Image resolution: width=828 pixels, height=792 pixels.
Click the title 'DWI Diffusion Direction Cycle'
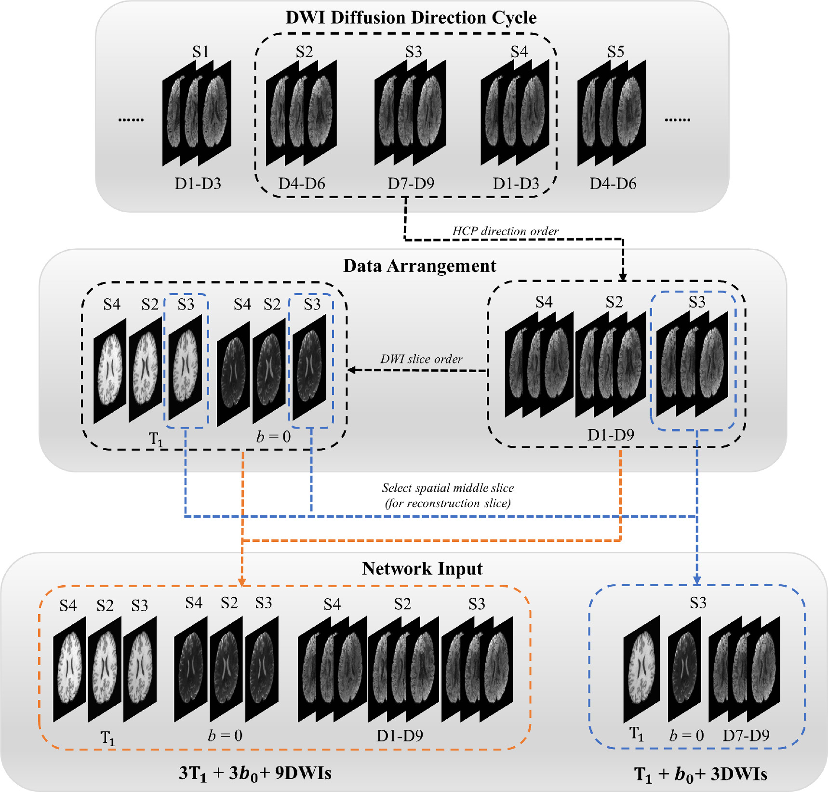(x=411, y=18)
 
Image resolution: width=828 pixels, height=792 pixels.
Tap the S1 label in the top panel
(x=200, y=52)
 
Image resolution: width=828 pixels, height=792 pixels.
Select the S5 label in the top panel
(x=615, y=52)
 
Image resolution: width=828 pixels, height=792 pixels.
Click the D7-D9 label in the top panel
(x=411, y=184)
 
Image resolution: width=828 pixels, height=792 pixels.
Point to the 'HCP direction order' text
(x=505, y=231)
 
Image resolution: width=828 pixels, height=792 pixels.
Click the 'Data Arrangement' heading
(x=419, y=266)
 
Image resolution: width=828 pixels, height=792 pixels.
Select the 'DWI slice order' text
(x=421, y=359)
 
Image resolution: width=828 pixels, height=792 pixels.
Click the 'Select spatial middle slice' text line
(x=448, y=488)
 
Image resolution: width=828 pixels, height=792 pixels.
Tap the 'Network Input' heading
(x=422, y=569)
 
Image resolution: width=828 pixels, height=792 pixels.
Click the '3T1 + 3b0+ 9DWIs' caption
(x=255, y=773)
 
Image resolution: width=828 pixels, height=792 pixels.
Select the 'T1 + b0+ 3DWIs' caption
(x=700, y=774)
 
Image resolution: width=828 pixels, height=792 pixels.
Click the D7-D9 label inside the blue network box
(x=746, y=736)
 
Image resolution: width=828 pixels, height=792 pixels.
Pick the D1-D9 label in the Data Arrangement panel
(x=611, y=435)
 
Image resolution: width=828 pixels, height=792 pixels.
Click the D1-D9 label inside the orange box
(x=400, y=736)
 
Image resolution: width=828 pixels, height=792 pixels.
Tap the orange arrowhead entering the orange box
(x=242, y=582)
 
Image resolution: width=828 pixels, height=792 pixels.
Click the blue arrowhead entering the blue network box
(x=697, y=580)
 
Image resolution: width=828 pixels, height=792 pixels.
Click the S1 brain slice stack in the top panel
(x=197, y=113)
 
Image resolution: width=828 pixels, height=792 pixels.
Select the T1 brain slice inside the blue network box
(x=641, y=669)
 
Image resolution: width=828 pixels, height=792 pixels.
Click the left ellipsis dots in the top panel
(x=131, y=120)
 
